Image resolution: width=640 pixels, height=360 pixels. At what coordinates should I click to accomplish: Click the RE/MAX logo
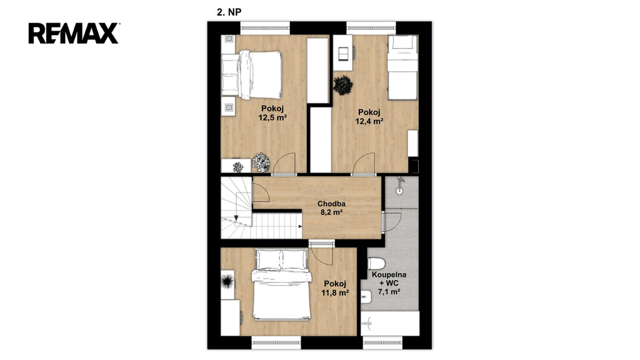coord(74,34)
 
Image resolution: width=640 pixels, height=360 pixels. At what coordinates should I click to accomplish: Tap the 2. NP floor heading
coord(229,12)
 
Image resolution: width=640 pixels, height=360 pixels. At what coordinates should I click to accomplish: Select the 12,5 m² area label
coord(272,118)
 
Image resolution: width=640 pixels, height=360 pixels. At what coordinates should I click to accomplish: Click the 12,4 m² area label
coord(369,121)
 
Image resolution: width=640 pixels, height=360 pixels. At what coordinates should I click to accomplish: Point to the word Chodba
coord(331,204)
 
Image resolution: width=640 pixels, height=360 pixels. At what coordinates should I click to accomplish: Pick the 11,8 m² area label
coord(335,292)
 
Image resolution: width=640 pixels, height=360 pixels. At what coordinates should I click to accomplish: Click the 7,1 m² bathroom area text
coord(389,291)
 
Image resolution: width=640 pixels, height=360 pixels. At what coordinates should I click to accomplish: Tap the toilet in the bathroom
coord(376,264)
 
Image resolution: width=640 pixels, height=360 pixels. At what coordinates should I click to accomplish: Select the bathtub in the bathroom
coord(390,324)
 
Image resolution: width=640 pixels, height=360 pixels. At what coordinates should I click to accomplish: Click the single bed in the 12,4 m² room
coord(402,67)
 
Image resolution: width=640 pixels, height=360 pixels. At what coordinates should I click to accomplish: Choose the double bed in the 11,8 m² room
coord(282,284)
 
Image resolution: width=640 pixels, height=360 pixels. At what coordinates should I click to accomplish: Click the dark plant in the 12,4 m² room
coord(343,85)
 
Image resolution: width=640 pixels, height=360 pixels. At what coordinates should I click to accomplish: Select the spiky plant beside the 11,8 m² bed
coord(227,281)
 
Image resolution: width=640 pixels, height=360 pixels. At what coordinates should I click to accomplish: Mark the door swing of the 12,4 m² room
coord(363,163)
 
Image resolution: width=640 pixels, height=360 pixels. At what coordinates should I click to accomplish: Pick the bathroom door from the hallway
coord(392,222)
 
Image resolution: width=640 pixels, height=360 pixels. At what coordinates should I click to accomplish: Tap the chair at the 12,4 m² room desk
coord(344,52)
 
